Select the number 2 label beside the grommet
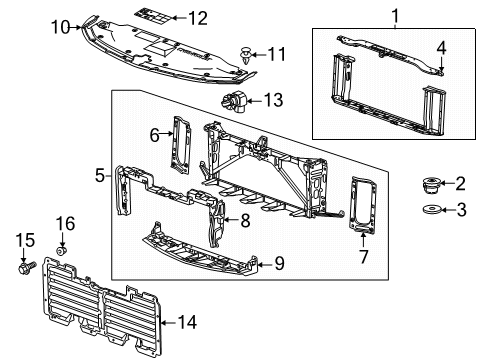461,183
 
